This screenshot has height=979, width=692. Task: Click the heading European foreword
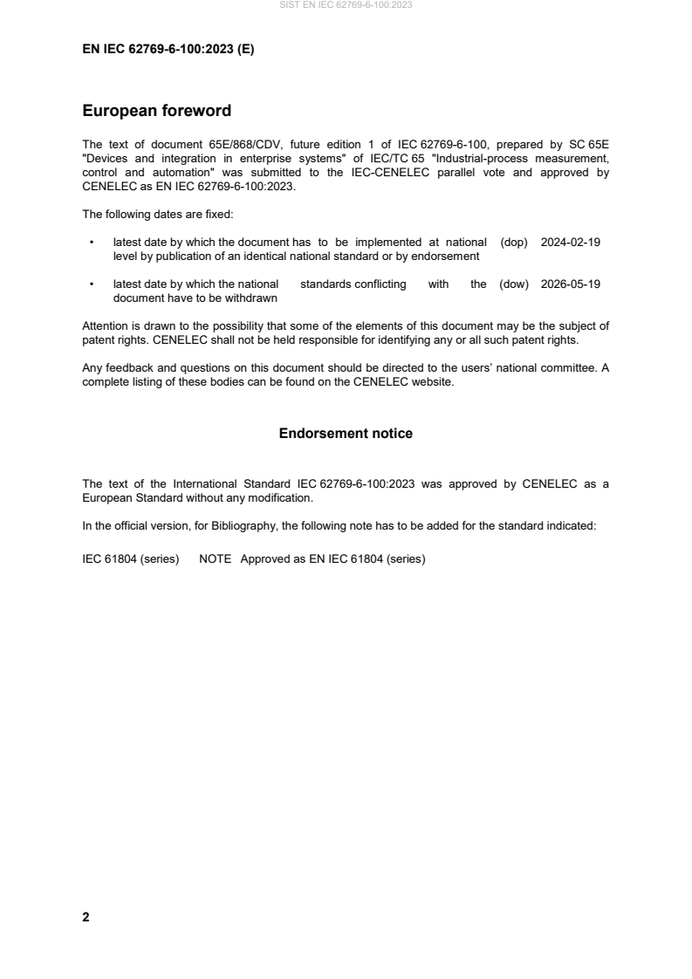coord(156,111)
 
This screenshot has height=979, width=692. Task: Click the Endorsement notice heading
coord(346,434)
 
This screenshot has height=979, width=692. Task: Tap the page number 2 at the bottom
coord(86,917)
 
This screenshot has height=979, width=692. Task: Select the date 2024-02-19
coord(571,243)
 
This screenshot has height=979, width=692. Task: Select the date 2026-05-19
coord(571,284)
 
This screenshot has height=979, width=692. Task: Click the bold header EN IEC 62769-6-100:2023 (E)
coord(168,50)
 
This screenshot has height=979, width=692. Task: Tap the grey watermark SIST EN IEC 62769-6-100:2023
coord(346,5)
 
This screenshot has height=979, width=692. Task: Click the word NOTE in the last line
coord(215,559)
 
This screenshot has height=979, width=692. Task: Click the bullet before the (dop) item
coord(91,243)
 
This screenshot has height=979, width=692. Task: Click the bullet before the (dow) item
coord(91,284)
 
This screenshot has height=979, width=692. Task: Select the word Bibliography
coord(242,526)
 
